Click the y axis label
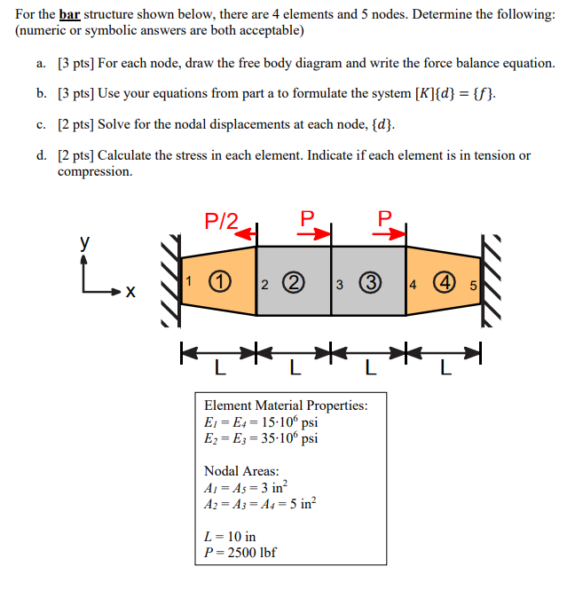point(85,241)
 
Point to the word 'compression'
point(95,171)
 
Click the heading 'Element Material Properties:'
point(286,405)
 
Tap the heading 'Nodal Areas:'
point(241,471)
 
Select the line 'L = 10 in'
point(230,536)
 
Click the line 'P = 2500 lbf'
point(240,552)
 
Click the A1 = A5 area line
point(245,487)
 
